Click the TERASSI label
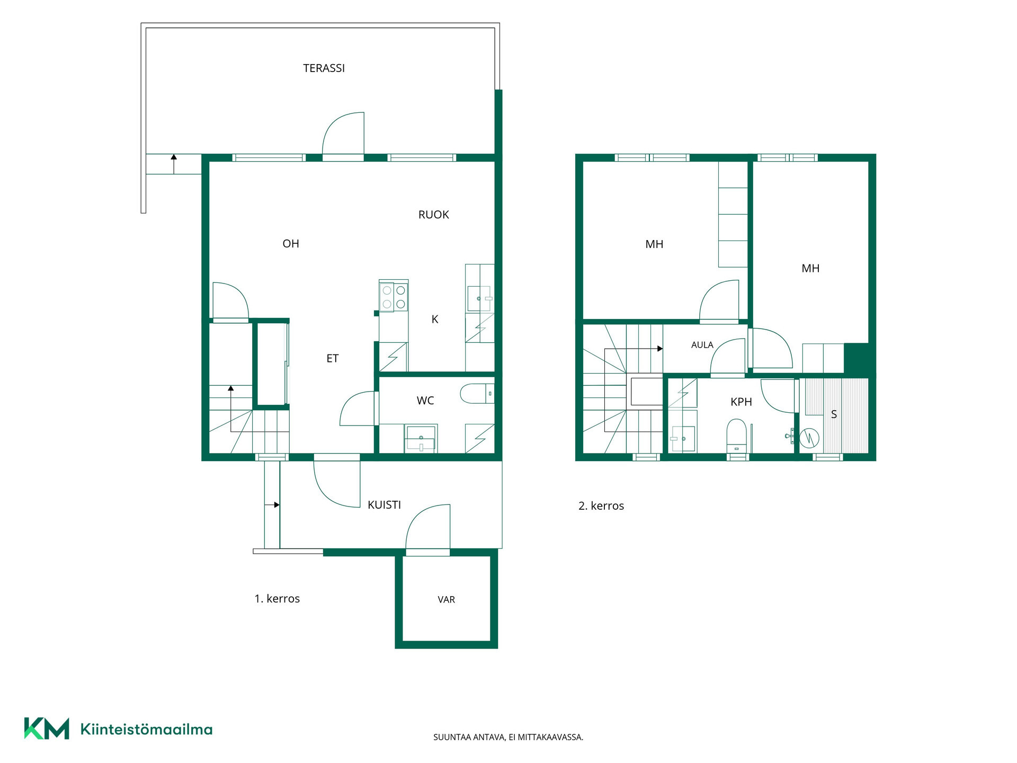[324, 68]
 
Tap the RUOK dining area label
[433, 215]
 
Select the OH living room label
[291, 244]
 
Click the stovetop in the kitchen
[394, 297]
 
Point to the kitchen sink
[479, 299]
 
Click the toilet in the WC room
[477, 394]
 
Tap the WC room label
[425, 401]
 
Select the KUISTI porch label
[384, 505]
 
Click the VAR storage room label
[446, 600]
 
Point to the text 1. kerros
[277, 599]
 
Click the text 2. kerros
[601, 506]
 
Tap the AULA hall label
[702, 345]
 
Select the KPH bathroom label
[741, 402]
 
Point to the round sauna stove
[809, 438]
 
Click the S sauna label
[834, 414]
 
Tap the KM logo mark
[47, 729]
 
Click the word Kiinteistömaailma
[146, 729]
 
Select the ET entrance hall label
[332, 359]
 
